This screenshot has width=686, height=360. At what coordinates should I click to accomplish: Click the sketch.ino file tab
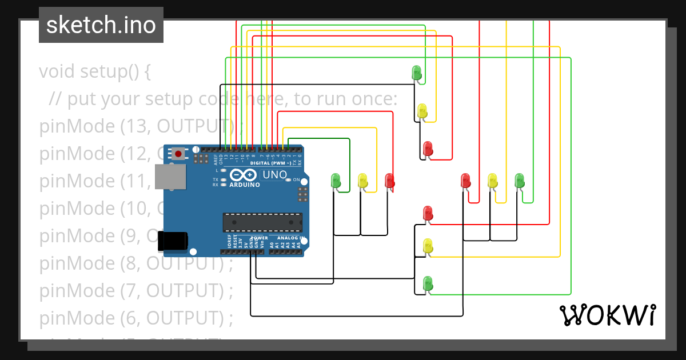(101, 25)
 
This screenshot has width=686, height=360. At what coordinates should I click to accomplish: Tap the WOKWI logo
(607, 315)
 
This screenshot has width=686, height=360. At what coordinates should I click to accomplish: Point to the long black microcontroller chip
(262, 222)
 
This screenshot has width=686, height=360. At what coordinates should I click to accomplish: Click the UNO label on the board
(273, 174)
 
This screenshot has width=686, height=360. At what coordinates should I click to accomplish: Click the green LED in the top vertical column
(417, 73)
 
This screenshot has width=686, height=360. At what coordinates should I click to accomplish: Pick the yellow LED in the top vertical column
(422, 110)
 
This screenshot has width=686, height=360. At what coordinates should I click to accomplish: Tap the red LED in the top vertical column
(428, 149)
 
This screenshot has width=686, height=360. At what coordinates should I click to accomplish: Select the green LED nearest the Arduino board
(336, 181)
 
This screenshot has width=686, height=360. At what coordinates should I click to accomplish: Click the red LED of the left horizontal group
(389, 181)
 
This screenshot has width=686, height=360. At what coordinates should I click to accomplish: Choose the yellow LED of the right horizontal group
(492, 181)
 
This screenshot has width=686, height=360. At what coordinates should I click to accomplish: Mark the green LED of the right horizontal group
(519, 180)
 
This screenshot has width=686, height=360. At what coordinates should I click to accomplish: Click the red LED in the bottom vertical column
(428, 213)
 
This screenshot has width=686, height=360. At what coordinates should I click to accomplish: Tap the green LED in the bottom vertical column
(428, 282)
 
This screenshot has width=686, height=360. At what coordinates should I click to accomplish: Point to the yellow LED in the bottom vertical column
(428, 246)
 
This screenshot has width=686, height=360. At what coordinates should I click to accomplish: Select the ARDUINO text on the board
(245, 185)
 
